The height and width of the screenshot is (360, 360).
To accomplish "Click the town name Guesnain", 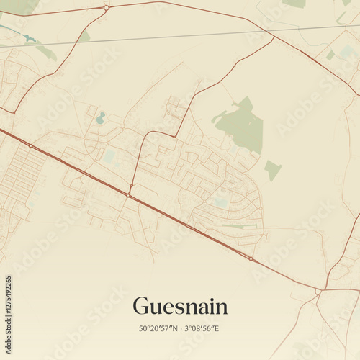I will pos(180,307).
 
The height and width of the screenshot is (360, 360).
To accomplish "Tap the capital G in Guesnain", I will pos(141,307).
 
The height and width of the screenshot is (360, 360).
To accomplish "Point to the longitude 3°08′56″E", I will pos(204,328).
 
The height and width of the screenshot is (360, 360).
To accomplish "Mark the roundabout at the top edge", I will pos(107,7).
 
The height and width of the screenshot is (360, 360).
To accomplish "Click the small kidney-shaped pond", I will pos(100,117).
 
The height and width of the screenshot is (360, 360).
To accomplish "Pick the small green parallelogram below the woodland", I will pos(272,170).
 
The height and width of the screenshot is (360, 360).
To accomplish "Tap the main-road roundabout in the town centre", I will pos(128,194).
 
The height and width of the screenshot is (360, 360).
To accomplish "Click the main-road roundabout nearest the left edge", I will pos(30,146).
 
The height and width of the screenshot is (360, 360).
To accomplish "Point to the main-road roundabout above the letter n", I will pos(250,258).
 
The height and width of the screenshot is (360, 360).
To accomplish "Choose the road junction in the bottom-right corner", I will pos(318,292).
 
